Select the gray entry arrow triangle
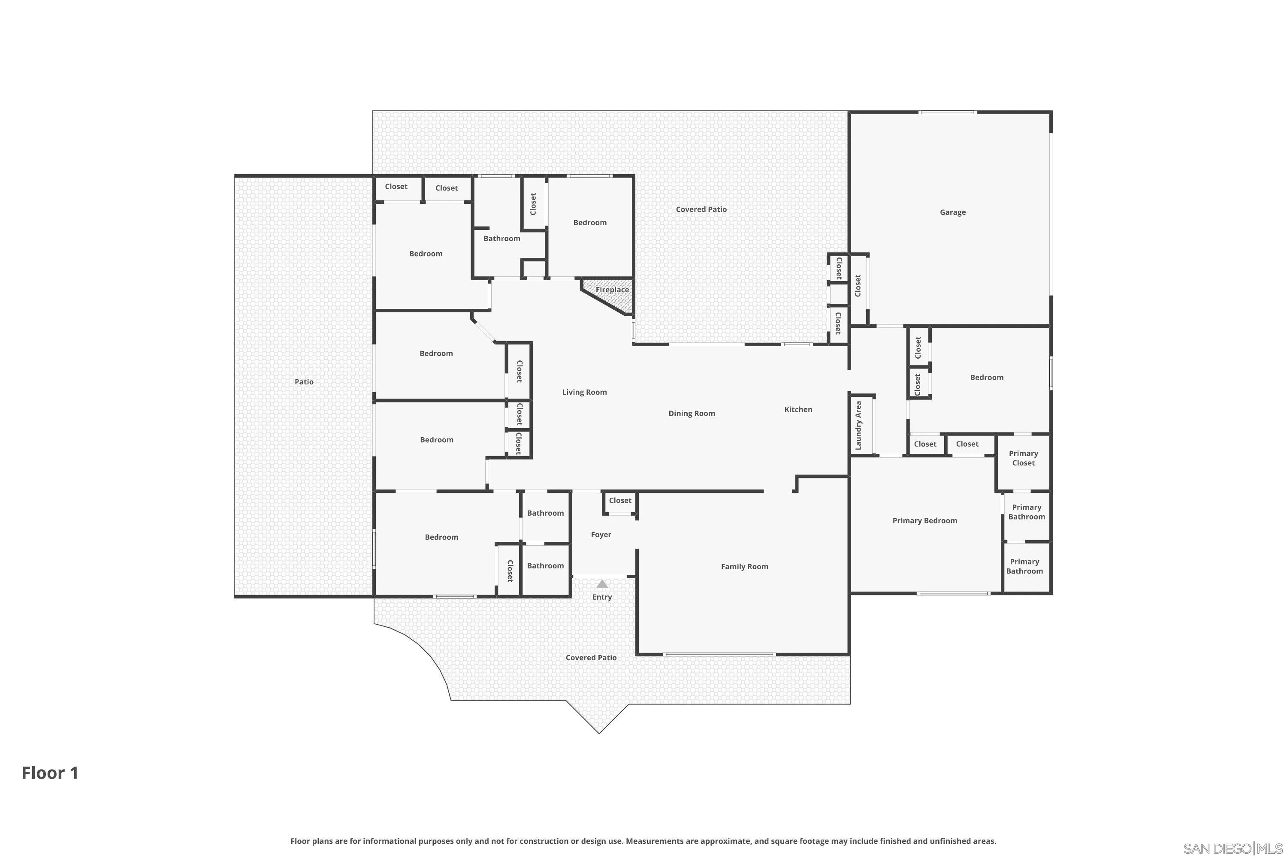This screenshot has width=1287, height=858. (602, 584)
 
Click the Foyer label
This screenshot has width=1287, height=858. (601, 535)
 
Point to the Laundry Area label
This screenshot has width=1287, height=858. (858, 426)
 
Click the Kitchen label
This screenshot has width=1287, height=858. (798, 409)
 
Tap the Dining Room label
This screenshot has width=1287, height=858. (691, 413)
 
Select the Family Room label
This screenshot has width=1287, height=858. (744, 566)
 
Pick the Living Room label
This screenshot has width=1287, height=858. (584, 392)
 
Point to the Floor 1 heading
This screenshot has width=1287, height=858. (50, 773)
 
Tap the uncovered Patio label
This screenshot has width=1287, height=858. (304, 382)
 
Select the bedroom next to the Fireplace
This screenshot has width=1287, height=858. (589, 223)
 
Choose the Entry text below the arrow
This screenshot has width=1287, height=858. (602, 597)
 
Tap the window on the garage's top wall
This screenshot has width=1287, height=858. (948, 112)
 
